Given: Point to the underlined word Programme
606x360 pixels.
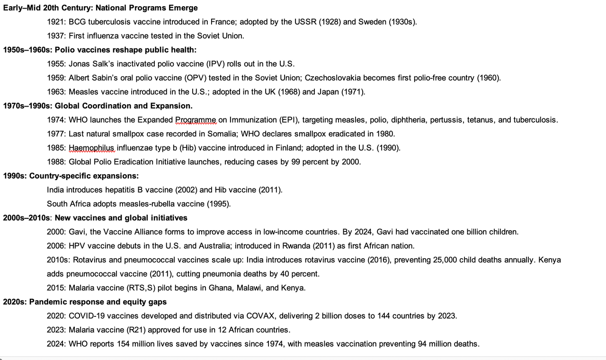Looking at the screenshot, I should [196, 120].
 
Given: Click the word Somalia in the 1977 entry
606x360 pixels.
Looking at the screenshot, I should [221, 134].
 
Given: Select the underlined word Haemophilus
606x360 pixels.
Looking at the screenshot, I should [92, 148].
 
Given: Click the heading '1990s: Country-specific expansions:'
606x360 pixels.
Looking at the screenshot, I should [71, 176].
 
